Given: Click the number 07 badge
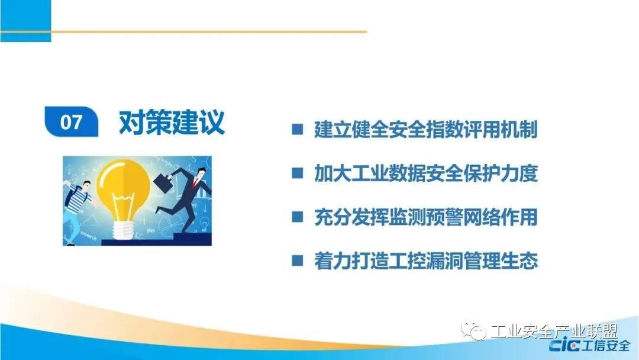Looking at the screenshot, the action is [72, 121].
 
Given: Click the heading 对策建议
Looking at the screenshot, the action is [172, 121].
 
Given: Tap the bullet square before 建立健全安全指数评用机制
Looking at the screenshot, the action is [298, 129].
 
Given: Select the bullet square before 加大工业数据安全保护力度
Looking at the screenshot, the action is [298, 173].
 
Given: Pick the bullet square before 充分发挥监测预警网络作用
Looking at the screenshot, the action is [298, 217].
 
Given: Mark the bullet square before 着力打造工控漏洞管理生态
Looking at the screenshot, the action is [298, 261].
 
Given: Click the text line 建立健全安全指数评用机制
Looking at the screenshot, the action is [426, 129].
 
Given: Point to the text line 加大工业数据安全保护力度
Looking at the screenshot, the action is [426, 173].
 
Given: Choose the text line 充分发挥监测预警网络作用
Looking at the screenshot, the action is [426, 217].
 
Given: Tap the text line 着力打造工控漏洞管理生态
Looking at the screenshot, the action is [426, 261].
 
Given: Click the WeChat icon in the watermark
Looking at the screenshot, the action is [473, 330].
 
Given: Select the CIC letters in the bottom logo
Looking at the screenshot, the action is [565, 346].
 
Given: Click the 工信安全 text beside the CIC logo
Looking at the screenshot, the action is [606, 346].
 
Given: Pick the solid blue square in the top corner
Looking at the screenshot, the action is [25, 21].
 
